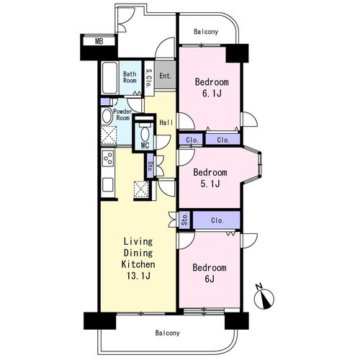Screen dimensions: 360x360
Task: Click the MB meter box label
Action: coord(99,41)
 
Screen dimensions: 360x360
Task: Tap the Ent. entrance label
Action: coord(166,76)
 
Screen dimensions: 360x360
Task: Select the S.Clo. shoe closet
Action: coord(149,78)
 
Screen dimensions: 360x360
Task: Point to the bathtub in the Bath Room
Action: coord(109,78)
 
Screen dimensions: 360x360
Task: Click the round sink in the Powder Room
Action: coord(107,116)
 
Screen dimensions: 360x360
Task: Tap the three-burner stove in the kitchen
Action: coord(108,158)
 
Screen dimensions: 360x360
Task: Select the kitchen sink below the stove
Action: coord(108,184)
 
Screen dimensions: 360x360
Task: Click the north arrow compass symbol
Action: coord(264,297)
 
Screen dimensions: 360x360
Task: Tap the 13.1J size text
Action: coord(138,276)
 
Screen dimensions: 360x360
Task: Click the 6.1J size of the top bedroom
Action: coord(212,93)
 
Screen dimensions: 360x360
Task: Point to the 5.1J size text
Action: coord(210,184)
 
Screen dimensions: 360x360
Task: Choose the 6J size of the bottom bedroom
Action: coord(210,279)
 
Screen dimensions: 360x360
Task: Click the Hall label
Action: coord(166,122)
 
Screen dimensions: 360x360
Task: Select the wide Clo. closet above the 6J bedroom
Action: coord(217,220)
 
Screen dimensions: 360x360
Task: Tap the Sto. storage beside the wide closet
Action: coord(184,220)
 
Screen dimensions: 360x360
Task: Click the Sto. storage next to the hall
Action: coord(150,166)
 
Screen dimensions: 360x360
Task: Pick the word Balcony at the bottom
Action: coord(167,333)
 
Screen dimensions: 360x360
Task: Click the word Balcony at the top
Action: coord(206,32)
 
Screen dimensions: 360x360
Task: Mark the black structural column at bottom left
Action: coord(99,320)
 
